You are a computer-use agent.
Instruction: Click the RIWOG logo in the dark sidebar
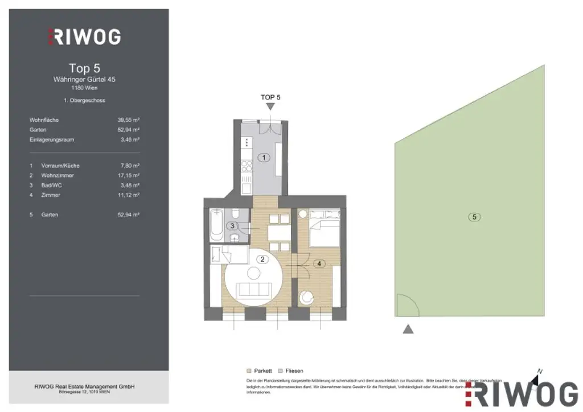tap(84, 36)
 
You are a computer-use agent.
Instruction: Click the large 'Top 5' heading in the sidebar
tap(84, 68)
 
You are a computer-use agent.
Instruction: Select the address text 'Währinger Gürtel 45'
tap(84, 80)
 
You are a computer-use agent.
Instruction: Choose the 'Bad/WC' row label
tap(51, 186)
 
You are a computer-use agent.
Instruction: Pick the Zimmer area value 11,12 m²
tap(129, 195)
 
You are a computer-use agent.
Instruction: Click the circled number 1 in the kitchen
tap(263, 158)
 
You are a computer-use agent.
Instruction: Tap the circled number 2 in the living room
tap(262, 259)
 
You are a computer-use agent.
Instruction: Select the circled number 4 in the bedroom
tap(320, 263)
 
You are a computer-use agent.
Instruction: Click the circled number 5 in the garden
tap(474, 216)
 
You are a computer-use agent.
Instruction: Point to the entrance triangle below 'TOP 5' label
tap(270, 106)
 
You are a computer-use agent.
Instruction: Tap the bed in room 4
tap(325, 227)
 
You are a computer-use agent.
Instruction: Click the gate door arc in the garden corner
tap(406, 306)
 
